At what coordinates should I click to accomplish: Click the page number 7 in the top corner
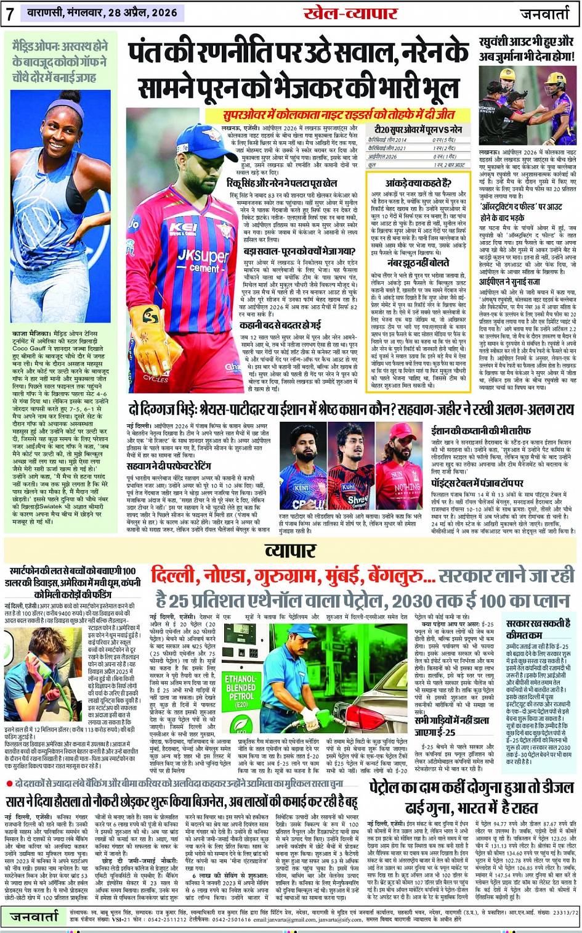point(9,14)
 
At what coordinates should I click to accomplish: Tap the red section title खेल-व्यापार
point(349,13)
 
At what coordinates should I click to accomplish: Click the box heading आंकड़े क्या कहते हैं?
point(418,183)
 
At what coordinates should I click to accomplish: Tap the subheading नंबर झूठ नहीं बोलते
point(418,264)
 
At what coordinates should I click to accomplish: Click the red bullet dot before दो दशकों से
point(10,783)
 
